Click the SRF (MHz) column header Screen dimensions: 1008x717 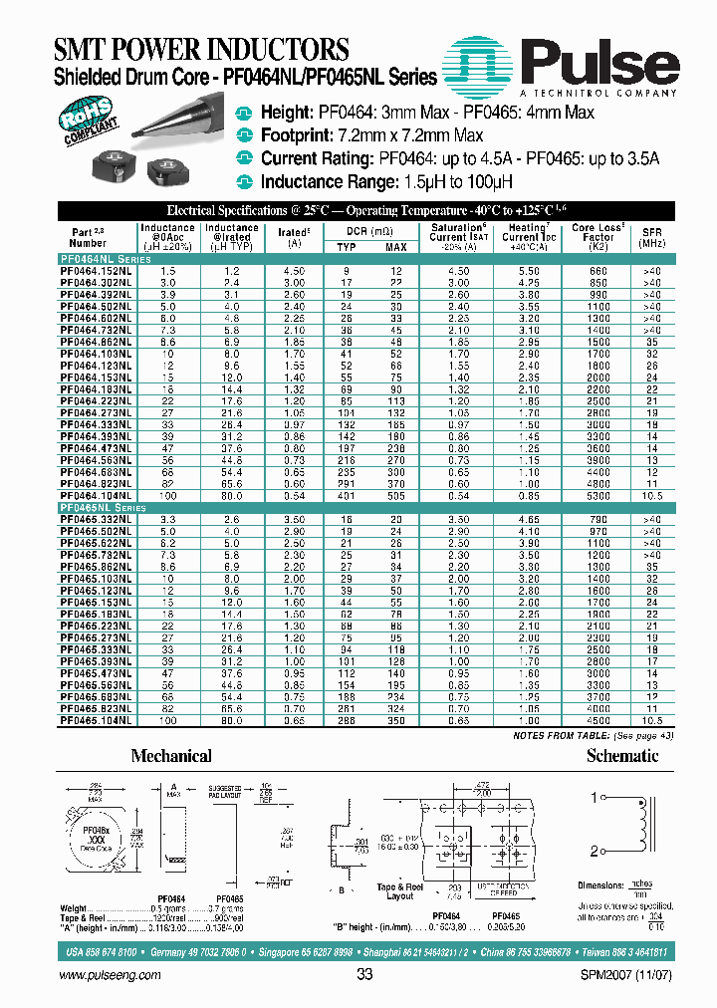click(x=650, y=237)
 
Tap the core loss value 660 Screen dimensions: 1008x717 click(x=598, y=271)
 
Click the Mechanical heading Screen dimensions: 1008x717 click(x=171, y=756)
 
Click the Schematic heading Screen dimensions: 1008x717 click(x=622, y=756)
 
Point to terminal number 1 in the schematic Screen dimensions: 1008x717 click(x=595, y=798)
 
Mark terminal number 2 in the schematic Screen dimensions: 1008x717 click(x=595, y=850)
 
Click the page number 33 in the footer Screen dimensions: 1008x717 click(x=364, y=975)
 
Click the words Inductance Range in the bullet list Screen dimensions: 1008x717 click(x=322, y=181)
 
